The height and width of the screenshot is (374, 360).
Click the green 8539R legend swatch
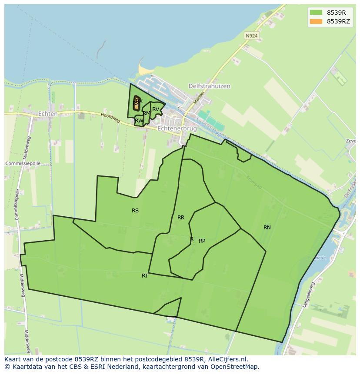point(316,13)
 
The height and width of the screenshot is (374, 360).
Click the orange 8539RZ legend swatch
point(316,21)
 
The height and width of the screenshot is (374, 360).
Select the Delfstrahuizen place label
point(209,86)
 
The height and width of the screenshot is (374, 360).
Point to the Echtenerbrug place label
point(177,129)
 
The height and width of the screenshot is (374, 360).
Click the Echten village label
point(48,114)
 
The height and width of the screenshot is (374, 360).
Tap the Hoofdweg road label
point(110,118)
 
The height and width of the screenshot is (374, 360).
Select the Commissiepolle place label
point(23,163)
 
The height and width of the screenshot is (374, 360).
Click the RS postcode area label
point(135,211)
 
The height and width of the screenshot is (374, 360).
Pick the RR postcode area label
point(181,218)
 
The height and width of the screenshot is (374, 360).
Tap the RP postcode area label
point(202,241)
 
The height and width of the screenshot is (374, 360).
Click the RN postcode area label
point(267,228)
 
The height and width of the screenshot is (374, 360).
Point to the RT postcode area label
point(145,276)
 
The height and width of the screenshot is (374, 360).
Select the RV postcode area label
point(155,109)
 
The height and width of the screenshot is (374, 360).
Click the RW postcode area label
point(139,121)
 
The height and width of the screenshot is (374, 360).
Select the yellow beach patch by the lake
point(143,69)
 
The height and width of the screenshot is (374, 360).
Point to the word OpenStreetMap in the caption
point(235,367)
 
